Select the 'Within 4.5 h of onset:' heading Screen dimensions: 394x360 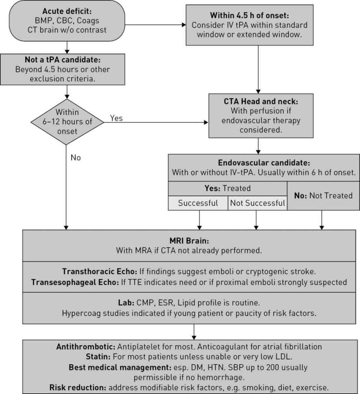(249, 16)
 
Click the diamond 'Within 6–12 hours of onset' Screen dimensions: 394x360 (67, 121)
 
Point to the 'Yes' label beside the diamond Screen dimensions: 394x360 (116, 118)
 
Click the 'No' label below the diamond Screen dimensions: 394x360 (75, 158)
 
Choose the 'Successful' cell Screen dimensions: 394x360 (198, 203)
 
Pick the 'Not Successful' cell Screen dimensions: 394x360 (257, 203)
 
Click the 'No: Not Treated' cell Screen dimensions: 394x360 (323, 195)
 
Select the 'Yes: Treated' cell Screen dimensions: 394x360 (227, 189)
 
